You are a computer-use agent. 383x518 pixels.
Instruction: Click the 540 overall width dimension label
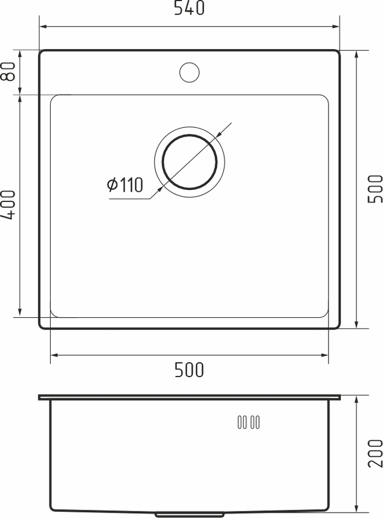[x=189, y=8]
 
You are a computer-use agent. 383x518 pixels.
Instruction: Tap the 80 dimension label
[x=9, y=71]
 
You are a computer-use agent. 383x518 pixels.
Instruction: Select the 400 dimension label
[x=9, y=205]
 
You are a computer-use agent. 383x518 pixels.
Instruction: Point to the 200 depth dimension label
[x=375, y=453]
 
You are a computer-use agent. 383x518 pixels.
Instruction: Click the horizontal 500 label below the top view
[x=189, y=370]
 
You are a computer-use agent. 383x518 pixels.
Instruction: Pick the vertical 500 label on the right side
[x=375, y=189]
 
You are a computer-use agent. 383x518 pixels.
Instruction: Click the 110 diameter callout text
[x=131, y=185]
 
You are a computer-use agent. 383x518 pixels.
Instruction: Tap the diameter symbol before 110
[x=113, y=185]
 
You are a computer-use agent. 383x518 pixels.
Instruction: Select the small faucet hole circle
[x=189, y=72]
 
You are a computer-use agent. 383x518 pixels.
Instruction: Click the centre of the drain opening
[x=189, y=162]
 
